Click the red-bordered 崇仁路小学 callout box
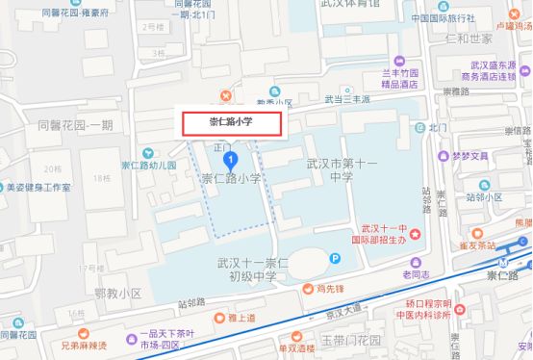click(x=233, y=122)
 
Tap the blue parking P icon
click(x=335, y=258)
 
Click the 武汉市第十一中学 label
click(x=328, y=170)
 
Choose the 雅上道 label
click(x=241, y=317)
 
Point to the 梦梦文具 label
click(x=470, y=155)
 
